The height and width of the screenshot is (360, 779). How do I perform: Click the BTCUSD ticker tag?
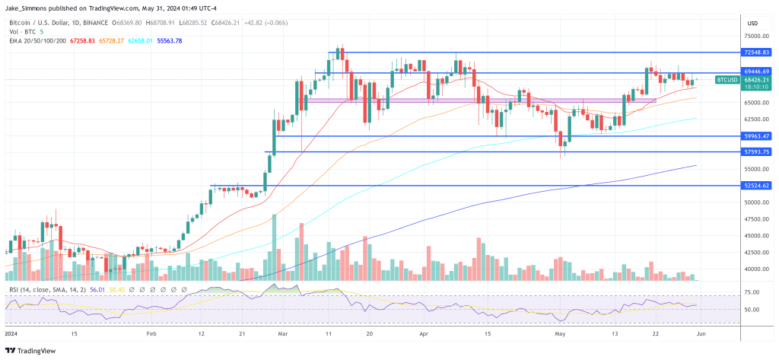point(727,79)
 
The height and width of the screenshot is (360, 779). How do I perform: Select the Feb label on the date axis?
point(151,333)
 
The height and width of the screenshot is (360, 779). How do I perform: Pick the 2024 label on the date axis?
point(13,333)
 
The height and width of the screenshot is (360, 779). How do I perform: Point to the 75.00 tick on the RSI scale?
point(752,292)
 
